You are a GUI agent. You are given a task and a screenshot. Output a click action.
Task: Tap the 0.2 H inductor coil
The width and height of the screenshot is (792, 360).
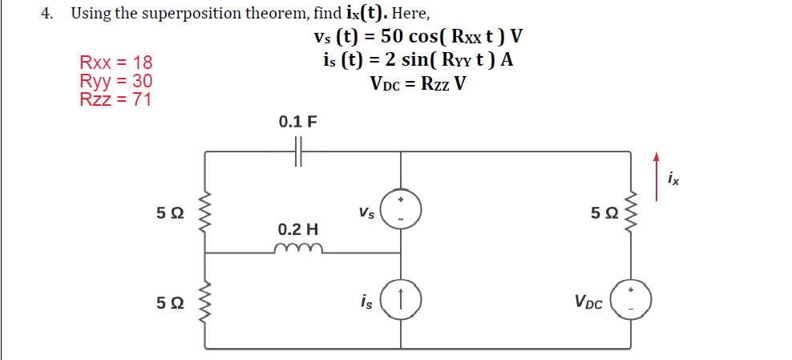[x=298, y=249]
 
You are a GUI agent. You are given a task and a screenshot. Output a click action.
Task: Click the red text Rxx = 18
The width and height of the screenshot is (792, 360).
[x=115, y=63]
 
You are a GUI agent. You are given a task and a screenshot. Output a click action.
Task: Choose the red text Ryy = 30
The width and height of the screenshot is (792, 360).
[x=115, y=81]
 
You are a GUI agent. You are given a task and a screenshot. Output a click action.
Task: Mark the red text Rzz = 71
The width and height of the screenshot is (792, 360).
[x=115, y=99]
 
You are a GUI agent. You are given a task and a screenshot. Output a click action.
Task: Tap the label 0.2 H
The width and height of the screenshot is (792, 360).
[x=298, y=229]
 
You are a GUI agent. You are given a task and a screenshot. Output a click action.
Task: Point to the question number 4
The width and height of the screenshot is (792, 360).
[x=46, y=13]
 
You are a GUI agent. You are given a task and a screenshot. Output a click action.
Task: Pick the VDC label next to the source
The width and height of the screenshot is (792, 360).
[x=588, y=302]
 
